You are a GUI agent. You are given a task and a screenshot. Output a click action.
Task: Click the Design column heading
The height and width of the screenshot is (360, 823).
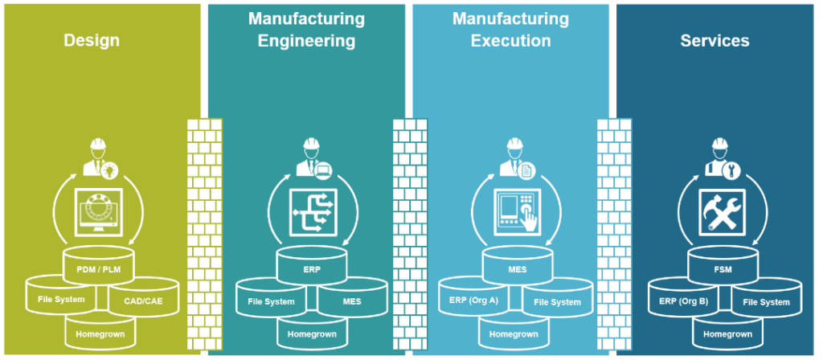pyautogui.click(x=92, y=40)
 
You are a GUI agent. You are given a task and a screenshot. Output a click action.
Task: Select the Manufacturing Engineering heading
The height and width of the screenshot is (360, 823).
pyautogui.click(x=306, y=30)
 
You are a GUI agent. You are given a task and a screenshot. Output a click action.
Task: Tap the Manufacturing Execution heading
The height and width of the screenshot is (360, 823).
pyautogui.click(x=510, y=30)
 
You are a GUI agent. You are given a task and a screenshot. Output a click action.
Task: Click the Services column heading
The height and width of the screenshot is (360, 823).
pyautogui.click(x=714, y=40)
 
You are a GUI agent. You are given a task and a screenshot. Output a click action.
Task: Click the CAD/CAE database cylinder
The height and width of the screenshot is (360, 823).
pyautogui.click(x=142, y=300)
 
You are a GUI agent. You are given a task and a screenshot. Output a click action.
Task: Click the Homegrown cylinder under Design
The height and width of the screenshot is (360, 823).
pyautogui.click(x=100, y=332)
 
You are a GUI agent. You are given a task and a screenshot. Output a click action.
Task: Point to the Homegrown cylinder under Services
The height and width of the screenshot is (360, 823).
pyautogui.click(x=727, y=333)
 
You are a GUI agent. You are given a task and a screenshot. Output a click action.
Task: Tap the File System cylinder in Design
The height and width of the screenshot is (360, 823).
pyautogui.click(x=61, y=300)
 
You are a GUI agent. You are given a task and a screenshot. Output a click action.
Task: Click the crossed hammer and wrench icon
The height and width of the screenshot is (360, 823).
pyautogui.click(x=722, y=213)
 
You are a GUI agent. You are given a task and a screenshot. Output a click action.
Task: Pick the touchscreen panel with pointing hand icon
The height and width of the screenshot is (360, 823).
pyautogui.click(x=517, y=213)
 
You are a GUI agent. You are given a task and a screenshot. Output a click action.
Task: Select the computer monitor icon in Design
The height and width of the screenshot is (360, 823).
pyautogui.click(x=98, y=213)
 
